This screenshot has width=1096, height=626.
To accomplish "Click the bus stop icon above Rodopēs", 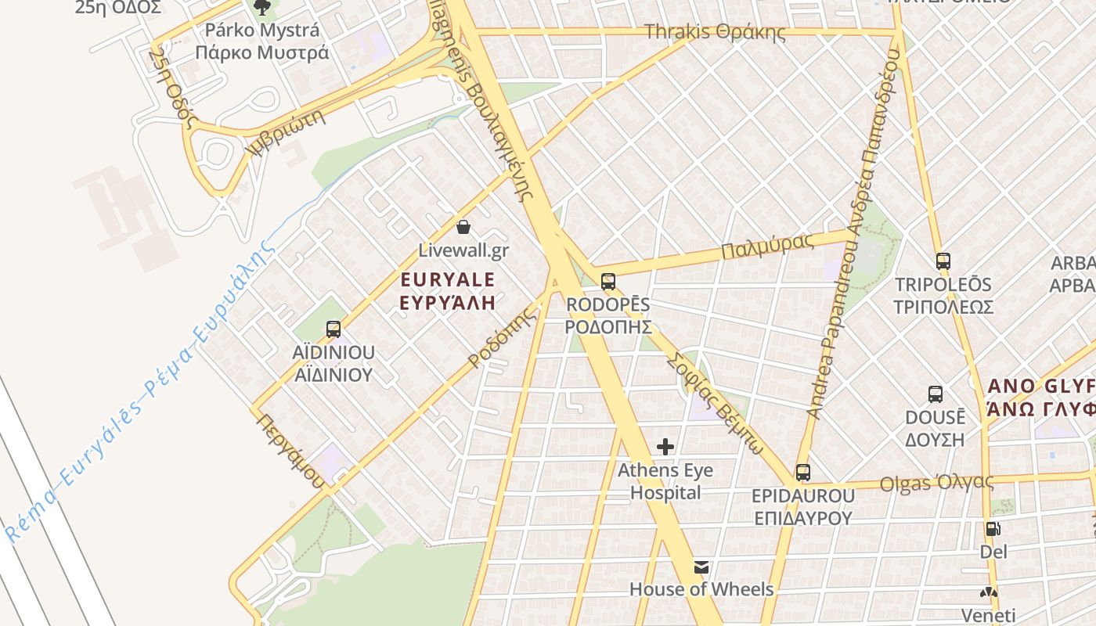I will tap(608, 282).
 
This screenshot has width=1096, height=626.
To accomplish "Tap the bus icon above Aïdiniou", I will tap(333, 329).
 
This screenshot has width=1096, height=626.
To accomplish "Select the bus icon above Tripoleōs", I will tap(943, 261).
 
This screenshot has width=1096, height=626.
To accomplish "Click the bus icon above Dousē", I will tap(935, 394).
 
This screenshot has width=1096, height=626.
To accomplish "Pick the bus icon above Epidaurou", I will tap(802, 473).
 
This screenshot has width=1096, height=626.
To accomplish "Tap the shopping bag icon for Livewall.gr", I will tap(463, 228).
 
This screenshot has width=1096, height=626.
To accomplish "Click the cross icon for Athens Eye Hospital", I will tap(665, 447).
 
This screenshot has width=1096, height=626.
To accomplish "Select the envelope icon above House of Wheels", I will tap(701, 567).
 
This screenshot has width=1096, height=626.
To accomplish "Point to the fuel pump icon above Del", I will tap(993, 529).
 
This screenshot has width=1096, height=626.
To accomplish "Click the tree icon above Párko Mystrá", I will tap(261, 7).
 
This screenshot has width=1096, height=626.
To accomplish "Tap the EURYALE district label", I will tap(448, 280).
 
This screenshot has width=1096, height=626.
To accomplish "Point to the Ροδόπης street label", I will tap(504, 338).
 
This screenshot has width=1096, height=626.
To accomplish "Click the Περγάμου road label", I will tap(289, 451).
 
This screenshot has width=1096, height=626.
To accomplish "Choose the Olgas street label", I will tap(936, 483).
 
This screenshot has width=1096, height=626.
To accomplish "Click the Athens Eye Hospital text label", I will tap(665, 481).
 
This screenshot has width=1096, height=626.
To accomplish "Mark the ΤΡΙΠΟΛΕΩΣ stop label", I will tap(943, 306).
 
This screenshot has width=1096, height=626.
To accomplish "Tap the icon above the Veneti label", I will tap(991, 592).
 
